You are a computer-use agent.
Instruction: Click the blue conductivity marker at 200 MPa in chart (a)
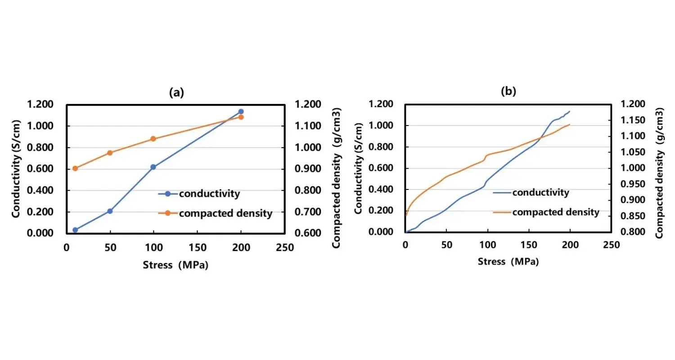(x=241, y=112)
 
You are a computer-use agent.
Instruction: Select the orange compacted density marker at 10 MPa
(x=75, y=169)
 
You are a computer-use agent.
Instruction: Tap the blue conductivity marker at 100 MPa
(x=153, y=167)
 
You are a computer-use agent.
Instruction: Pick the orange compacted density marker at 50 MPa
(x=110, y=153)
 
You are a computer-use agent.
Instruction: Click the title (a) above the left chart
(x=176, y=93)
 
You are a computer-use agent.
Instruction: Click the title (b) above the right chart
(x=508, y=91)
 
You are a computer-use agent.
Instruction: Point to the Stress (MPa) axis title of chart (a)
(x=175, y=265)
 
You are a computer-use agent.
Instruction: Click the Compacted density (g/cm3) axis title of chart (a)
(x=336, y=178)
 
